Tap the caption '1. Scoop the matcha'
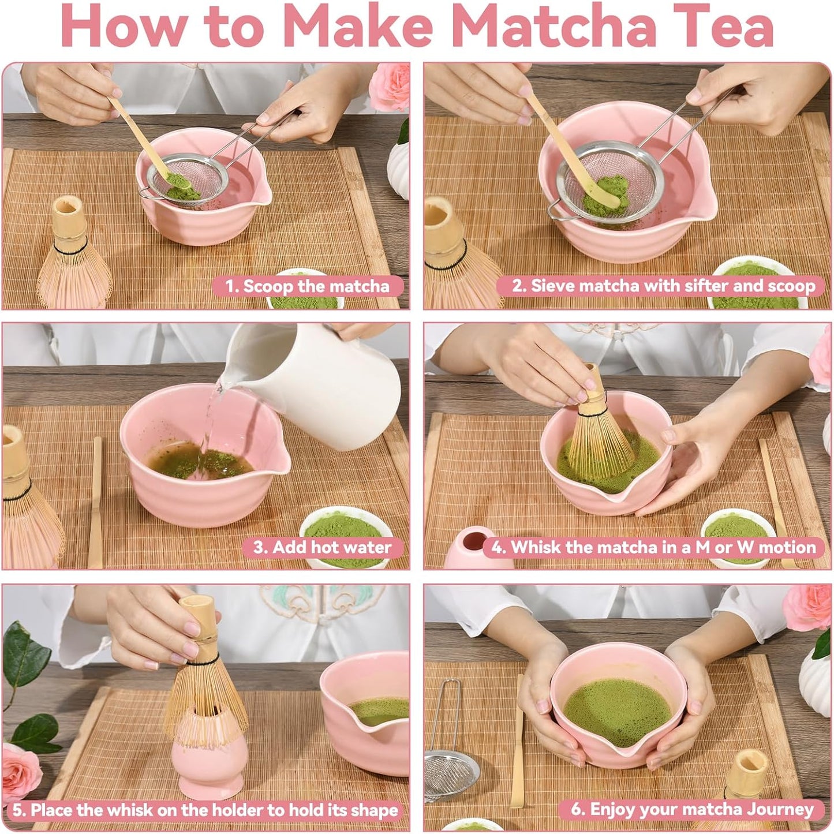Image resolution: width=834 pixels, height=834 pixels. point(307,286)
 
